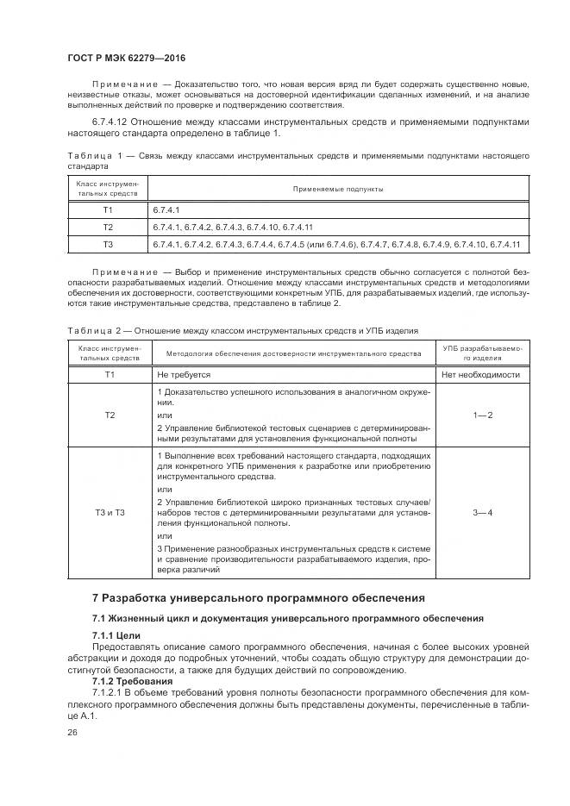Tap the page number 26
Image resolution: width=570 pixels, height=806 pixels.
[72, 732]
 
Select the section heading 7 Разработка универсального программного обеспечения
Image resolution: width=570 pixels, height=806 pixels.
[258, 598]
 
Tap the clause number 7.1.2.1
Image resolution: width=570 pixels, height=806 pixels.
[110, 692]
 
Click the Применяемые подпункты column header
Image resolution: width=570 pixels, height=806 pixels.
[338, 188]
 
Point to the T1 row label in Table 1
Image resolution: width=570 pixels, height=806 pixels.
[108, 209]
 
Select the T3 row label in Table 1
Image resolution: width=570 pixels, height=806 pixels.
[108, 245]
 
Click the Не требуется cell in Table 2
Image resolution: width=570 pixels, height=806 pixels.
[184, 375]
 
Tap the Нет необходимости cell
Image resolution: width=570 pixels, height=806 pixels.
[480, 375]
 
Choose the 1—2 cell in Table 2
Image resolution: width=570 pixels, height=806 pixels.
[481, 415]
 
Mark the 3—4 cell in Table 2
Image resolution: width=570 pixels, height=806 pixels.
[481, 513]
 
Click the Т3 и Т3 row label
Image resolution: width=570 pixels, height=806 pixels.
[110, 513]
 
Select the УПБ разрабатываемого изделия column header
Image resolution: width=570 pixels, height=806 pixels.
[481, 352]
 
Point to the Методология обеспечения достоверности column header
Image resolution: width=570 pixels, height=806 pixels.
[292, 352]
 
